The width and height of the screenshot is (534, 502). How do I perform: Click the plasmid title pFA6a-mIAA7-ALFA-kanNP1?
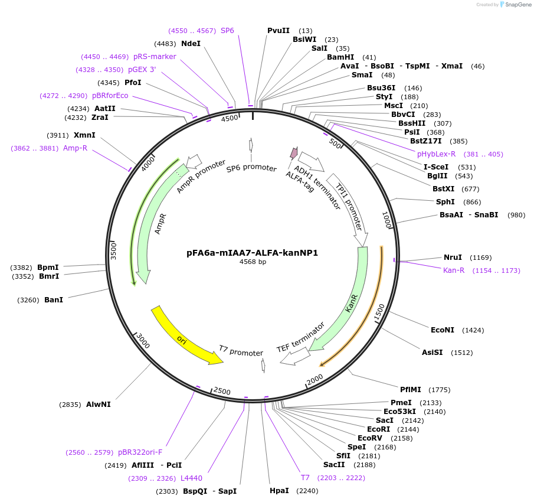pos(252,253)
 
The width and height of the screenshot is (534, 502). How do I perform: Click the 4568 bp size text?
pos(253,262)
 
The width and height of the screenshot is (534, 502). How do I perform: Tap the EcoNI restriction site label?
pos(443,330)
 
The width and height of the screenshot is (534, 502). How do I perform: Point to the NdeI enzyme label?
pos(191,44)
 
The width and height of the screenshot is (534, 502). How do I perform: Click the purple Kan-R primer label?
pos(454,270)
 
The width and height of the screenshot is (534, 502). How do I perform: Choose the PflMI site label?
pos(411,389)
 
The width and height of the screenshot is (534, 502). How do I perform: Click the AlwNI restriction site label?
pos(98,405)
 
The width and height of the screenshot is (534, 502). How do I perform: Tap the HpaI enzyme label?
pos(279,491)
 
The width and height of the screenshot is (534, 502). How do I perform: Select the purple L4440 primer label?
pos(191,478)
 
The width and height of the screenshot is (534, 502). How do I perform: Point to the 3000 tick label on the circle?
pos(143,342)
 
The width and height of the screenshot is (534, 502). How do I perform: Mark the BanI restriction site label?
pos(54,300)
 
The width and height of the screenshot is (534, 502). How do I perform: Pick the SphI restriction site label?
pos(445,202)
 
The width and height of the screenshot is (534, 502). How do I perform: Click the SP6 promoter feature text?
pos(251,168)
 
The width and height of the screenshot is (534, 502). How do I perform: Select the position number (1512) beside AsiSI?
pos(461,353)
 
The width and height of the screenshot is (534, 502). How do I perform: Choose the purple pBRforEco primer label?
pos(110,96)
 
